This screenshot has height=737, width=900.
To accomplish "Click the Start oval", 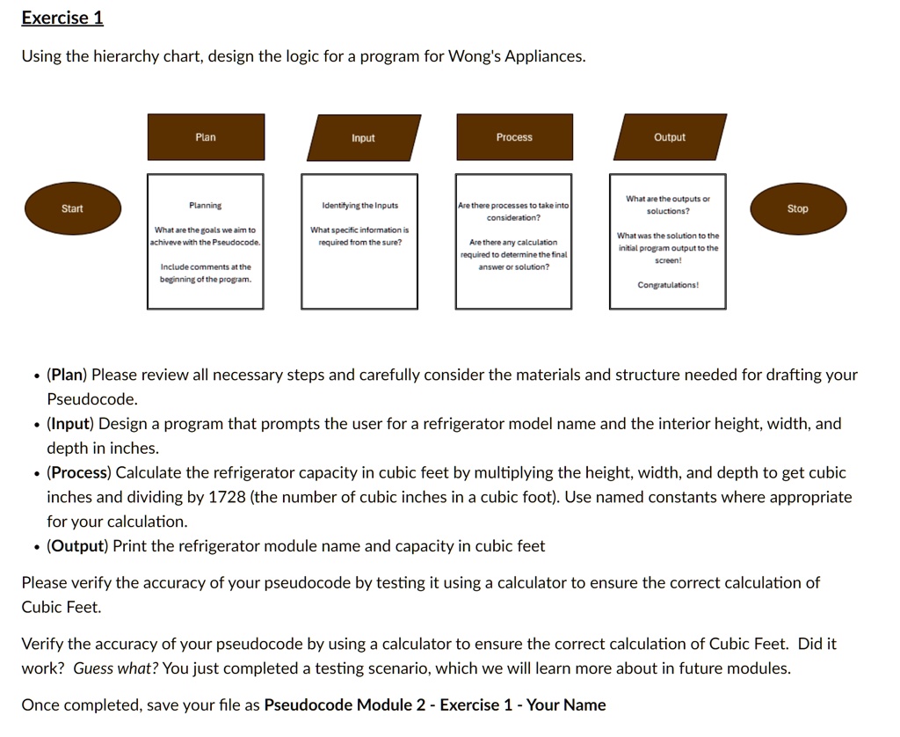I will click(72, 208).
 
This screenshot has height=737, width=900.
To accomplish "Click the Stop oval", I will click(797, 208).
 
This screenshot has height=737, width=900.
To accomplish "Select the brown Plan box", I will click(206, 137).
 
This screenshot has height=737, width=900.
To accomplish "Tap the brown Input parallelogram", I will click(363, 138).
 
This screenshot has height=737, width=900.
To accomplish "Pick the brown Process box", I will click(514, 137).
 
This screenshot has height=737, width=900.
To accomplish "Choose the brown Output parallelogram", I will click(670, 137).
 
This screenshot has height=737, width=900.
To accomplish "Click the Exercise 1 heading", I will click(62, 18).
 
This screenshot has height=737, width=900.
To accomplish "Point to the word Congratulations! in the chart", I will click(668, 285).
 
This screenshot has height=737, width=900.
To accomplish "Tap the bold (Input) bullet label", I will click(71, 424).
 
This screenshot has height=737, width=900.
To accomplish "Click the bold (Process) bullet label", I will click(79, 472).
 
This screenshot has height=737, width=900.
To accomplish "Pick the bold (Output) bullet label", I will click(77, 546).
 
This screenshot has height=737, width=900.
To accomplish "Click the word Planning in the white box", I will click(206, 206).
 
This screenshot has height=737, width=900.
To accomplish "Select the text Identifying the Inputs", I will click(359, 206).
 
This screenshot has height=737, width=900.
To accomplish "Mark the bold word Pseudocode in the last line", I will click(308, 705).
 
